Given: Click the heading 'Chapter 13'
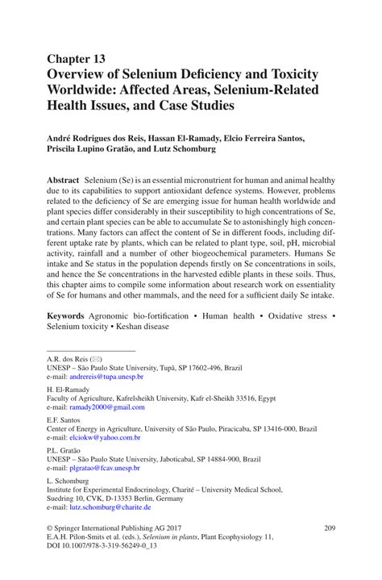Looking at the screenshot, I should [x=76, y=59].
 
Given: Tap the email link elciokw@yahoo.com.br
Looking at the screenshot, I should [x=105, y=437].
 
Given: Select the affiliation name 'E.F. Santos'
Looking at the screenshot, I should [x=64, y=419].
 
